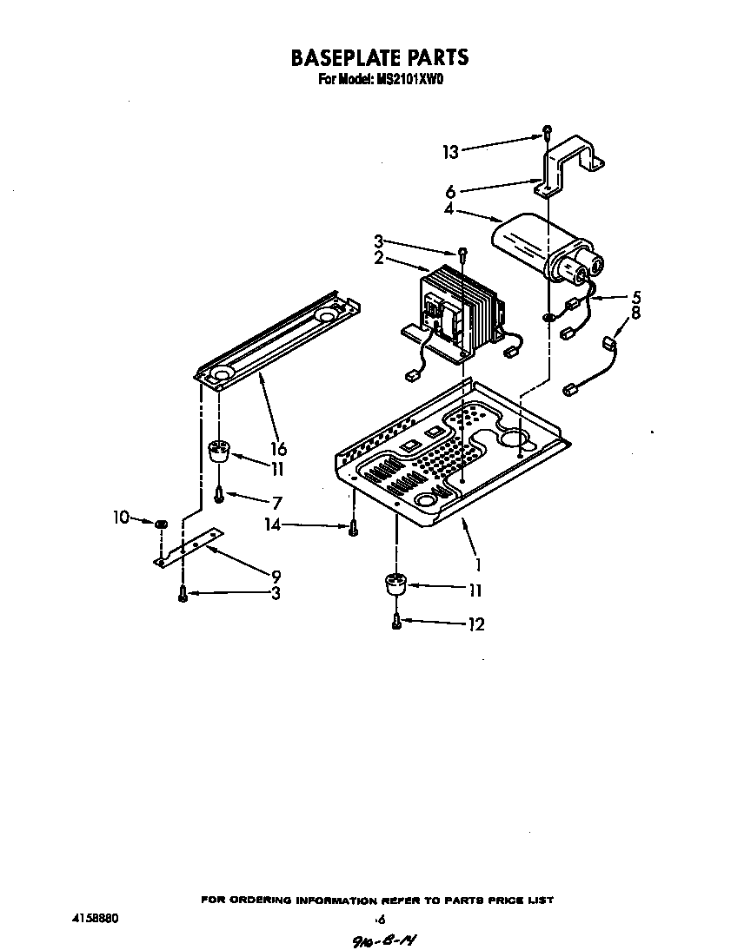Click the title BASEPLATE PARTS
(379, 58)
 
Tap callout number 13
(449, 153)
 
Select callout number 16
(278, 449)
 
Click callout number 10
(120, 518)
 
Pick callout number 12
(476, 623)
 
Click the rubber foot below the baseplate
(395, 585)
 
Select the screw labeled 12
(396, 621)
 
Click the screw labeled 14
(353, 526)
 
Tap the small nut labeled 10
(160, 524)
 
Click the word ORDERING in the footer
(265, 900)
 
